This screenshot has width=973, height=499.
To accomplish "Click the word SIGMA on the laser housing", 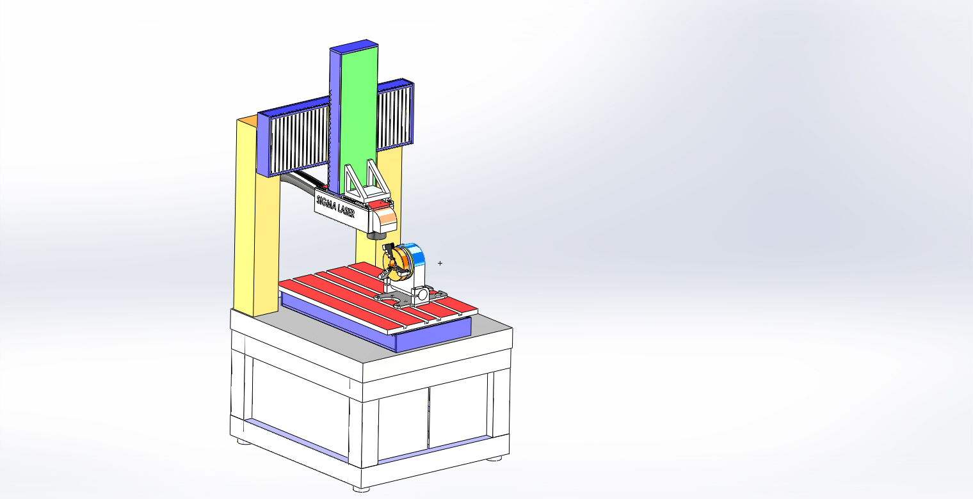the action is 326,203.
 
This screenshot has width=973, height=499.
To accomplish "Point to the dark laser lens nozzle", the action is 376,236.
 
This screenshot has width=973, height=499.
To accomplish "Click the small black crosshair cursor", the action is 440,263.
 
